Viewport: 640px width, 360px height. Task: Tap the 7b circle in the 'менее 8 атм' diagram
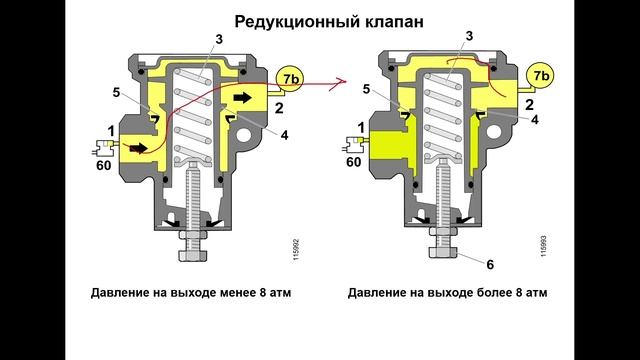290,76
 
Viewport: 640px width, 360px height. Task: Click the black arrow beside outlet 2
244,97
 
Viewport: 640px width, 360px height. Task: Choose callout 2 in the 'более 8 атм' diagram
529,103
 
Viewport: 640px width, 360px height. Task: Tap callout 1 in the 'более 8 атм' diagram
360,126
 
